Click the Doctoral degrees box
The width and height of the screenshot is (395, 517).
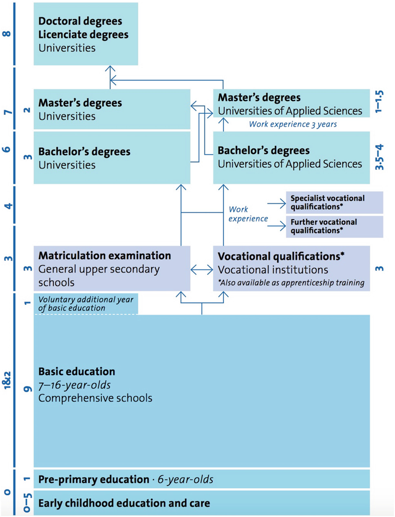pyautogui.click(x=86, y=34)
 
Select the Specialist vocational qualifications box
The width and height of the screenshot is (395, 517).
pyautogui.click(x=334, y=202)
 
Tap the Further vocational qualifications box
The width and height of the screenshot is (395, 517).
pyautogui.click(x=334, y=226)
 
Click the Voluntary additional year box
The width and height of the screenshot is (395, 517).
pyautogui.click(x=86, y=304)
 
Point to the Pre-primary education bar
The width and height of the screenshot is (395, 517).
pyautogui.click(x=201, y=479)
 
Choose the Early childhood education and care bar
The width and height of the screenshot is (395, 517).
pyautogui.click(x=201, y=503)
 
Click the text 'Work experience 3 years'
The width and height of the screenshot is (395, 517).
pyautogui.click(x=293, y=124)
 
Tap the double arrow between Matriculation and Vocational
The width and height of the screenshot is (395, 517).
pyautogui.click(x=202, y=269)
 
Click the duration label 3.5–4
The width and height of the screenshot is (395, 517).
pyautogui.click(x=380, y=157)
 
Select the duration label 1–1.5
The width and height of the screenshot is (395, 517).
pyautogui.click(x=380, y=102)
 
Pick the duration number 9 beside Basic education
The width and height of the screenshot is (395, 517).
pyautogui.click(x=27, y=389)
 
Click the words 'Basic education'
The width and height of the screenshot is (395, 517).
pyautogui.click(x=77, y=372)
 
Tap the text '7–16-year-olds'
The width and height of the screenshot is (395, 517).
pyautogui.click(x=75, y=385)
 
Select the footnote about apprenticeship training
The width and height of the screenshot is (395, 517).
pyautogui.click(x=291, y=283)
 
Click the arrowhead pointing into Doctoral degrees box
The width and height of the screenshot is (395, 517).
pyautogui.click(x=110, y=68)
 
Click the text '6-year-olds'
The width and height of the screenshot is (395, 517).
pyautogui.click(x=185, y=480)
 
